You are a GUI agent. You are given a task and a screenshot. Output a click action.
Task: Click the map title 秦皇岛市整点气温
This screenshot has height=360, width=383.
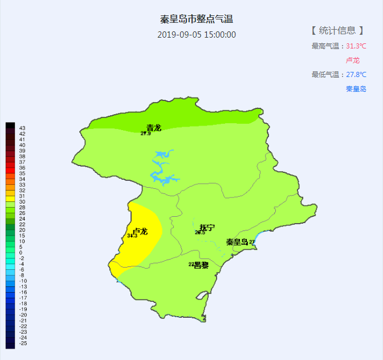(197, 19)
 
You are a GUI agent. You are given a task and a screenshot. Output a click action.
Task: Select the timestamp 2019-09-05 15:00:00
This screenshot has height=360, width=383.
(197, 34)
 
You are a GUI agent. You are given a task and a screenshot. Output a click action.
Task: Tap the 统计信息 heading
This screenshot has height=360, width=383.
(337, 30)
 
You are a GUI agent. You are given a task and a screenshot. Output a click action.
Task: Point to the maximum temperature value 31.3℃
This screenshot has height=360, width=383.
(356, 46)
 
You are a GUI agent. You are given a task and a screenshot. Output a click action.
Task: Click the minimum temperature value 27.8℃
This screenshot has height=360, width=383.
(356, 75)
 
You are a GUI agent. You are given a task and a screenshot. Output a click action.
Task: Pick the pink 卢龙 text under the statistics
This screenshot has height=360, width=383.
(353, 60)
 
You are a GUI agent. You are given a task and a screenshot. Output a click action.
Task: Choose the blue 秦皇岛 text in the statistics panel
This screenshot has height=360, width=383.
(356, 89)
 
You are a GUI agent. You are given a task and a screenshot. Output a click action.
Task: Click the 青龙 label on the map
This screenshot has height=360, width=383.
(154, 128)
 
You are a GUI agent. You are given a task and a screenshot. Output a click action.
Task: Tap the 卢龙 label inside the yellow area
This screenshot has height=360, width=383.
(140, 231)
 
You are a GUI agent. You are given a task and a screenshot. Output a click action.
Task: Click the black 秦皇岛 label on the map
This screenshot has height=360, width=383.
(237, 242)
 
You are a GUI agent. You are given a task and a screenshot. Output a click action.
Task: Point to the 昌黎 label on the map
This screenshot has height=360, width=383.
(201, 265)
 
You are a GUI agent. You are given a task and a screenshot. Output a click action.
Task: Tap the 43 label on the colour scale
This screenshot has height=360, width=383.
(22, 128)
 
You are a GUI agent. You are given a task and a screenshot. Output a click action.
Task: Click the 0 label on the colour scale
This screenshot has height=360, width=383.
(21, 252)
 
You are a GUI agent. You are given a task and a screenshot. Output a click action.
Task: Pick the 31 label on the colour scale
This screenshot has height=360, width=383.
(22, 196)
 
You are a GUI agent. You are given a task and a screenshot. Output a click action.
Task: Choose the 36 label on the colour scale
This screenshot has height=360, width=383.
(22, 168)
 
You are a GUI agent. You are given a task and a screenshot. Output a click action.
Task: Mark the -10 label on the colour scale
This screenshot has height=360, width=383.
(23, 281)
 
